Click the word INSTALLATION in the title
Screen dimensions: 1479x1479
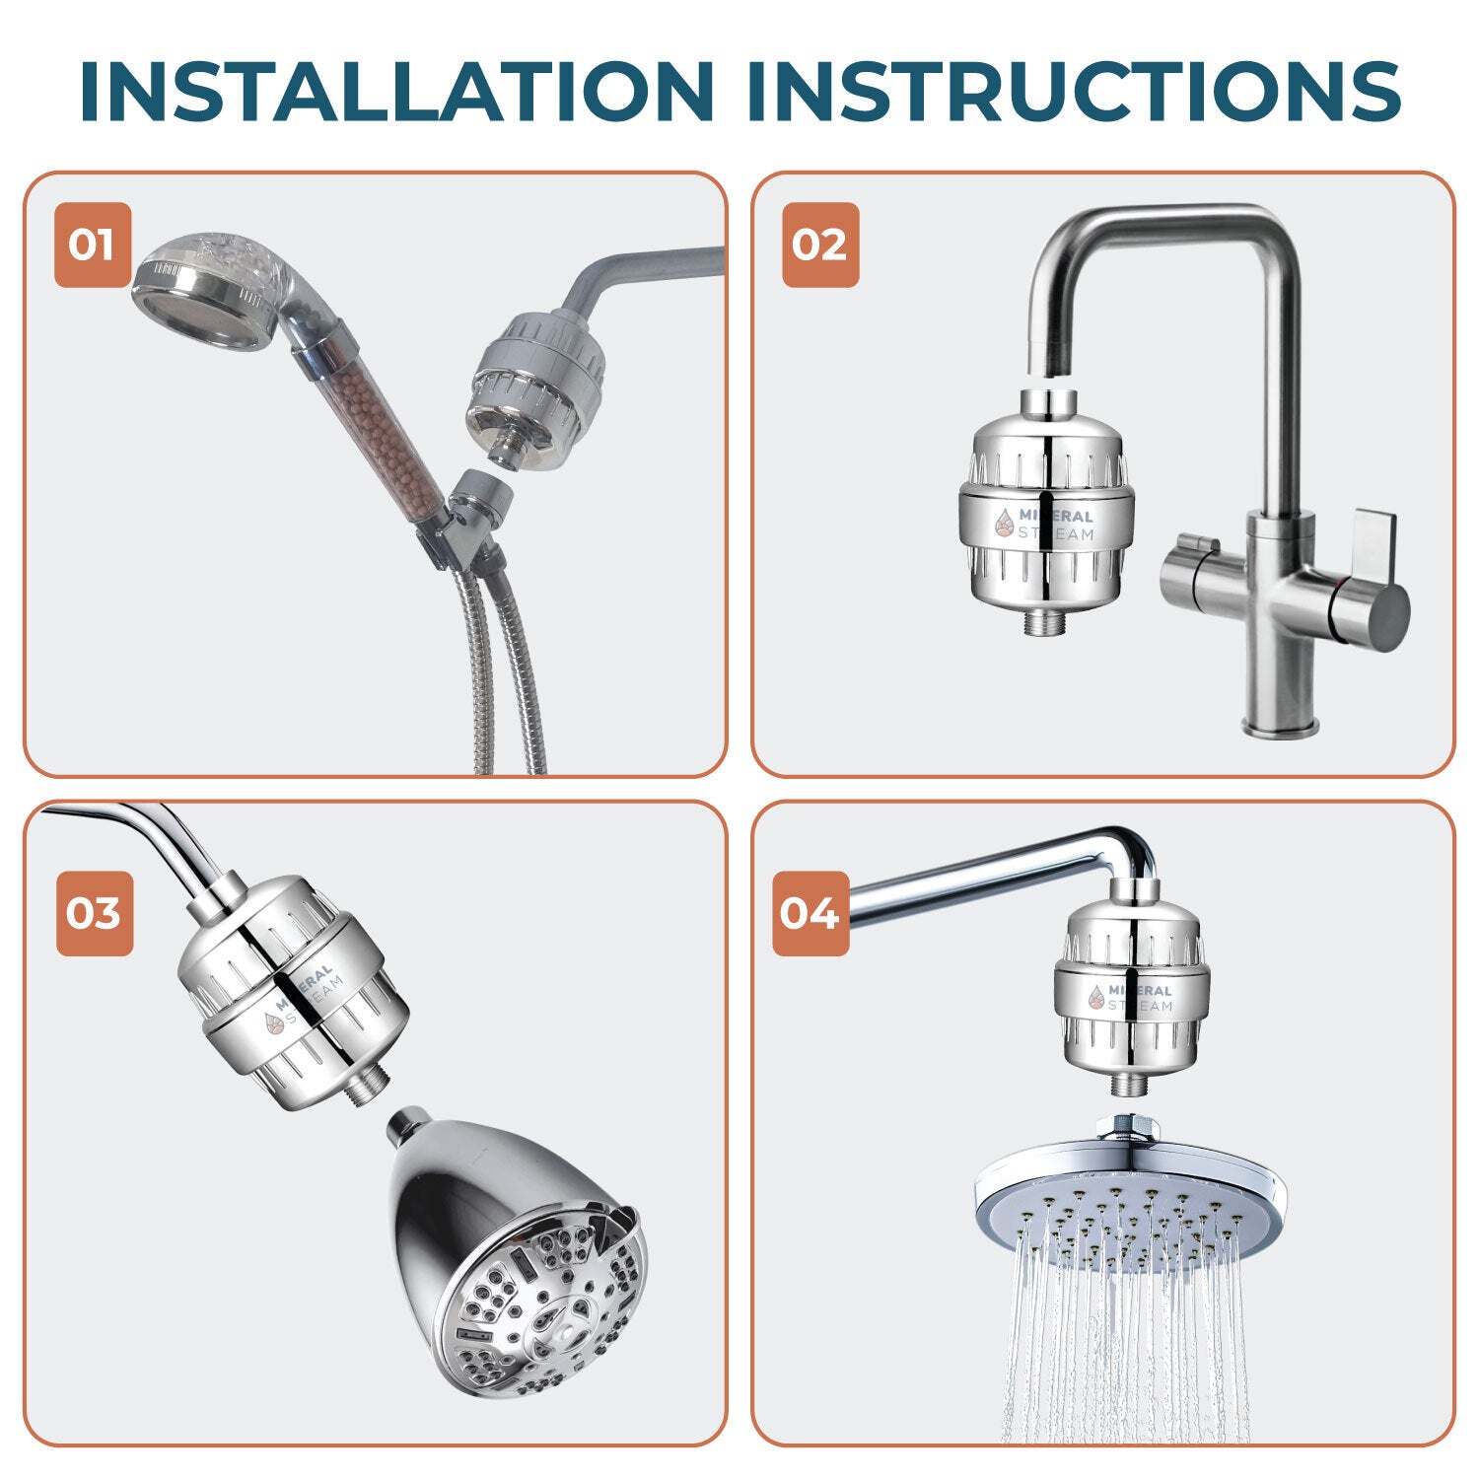[x=396, y=91]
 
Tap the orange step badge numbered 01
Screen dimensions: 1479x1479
[x=92, y=245]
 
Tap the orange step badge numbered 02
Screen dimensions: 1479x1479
[x=820, y=245]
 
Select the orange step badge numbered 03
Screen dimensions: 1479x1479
[x=94, y=913]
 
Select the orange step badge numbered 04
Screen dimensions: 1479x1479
[x=810, y=913]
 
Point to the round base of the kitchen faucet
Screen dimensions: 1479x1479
[x=1280, y=728]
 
